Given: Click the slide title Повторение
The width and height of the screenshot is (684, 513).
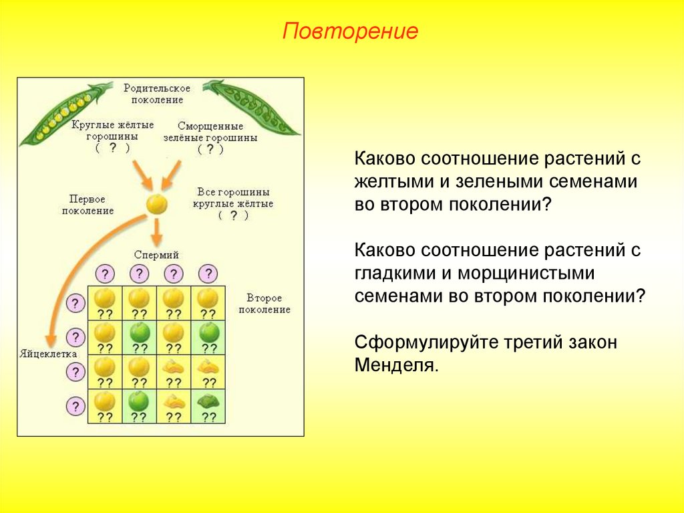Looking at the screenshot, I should point(350,31).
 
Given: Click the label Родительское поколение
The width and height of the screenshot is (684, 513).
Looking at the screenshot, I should point(157,94).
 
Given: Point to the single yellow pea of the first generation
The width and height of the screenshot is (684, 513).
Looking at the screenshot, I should point(156,203).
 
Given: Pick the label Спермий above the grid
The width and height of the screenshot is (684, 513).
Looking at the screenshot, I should point(156,255).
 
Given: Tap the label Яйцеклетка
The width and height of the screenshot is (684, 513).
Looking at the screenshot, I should point(47,353).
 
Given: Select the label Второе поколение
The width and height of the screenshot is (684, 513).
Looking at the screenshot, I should point(264,304).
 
